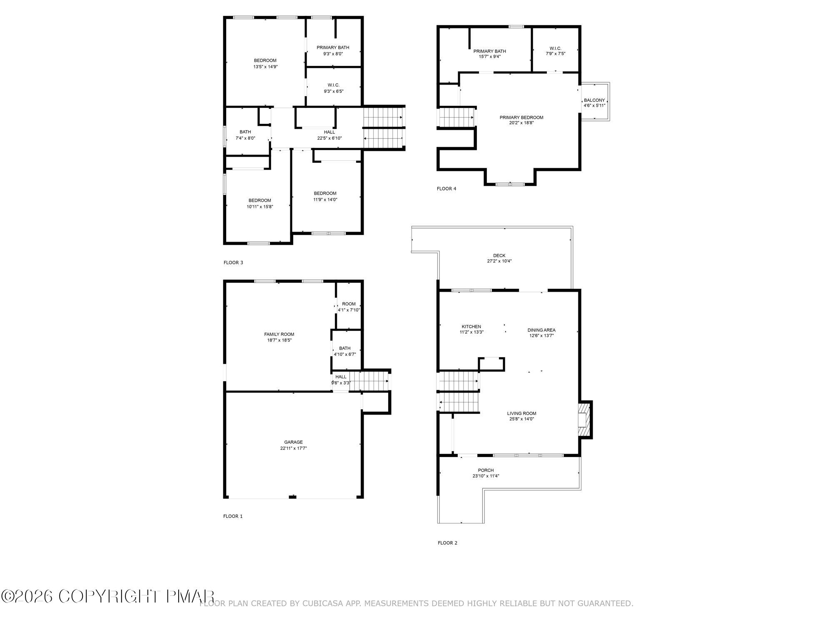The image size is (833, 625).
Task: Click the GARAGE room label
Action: [x=293, y=442]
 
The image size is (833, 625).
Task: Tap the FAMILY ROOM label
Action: [x=279, y=334]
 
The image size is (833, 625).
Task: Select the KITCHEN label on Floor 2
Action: [x=471, y=327]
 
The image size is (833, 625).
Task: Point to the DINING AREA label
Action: [x=541, y=330]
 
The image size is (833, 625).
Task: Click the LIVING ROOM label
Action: [x=521, y=413]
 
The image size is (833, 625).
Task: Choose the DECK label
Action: [x=499, y=256]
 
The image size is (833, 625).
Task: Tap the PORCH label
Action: [x=486, y=470]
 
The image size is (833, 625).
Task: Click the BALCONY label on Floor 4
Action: [x=594, y=100]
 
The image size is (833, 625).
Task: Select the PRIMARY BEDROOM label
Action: [x=521, y=117]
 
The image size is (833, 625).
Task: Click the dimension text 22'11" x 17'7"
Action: [x=293, y=448]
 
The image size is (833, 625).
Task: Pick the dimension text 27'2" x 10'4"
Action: [x=499, y=261]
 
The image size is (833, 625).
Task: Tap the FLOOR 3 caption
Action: [x=233, y=262]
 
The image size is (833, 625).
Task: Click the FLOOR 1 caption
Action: [x=233, y=516]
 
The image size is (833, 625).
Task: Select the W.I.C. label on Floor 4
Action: [x=556, y=48]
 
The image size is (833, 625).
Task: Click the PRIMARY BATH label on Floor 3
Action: [x=333, y=47]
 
